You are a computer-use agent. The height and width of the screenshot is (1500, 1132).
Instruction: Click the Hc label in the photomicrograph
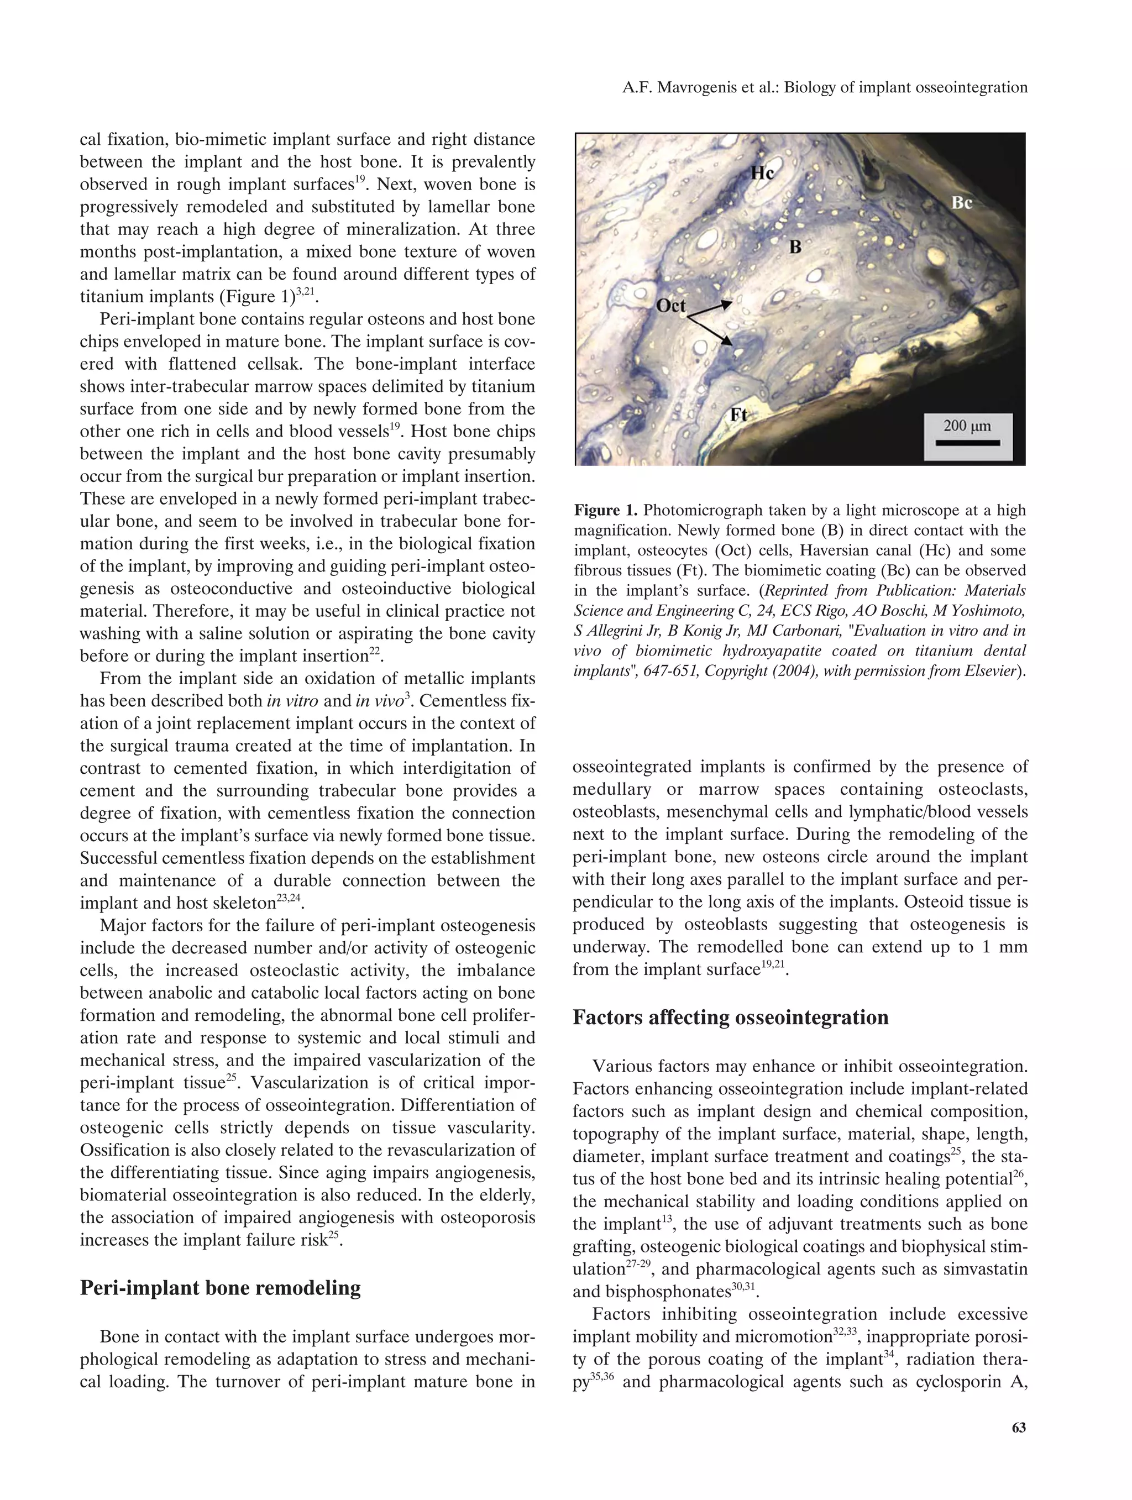(762, 173)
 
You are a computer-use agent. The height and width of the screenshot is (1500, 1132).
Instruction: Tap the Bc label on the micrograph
(962, 203)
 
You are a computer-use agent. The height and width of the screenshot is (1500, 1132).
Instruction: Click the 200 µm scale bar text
(967, 426)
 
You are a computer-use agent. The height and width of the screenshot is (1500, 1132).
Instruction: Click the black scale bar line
(967, 443)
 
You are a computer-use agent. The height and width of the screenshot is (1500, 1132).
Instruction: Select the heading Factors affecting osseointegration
(731, 1017)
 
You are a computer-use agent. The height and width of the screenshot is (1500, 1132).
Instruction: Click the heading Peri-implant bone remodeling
(221, 1288)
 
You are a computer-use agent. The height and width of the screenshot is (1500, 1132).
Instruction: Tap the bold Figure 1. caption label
(606, 510)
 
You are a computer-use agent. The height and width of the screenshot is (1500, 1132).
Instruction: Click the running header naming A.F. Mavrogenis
(825, 87)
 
